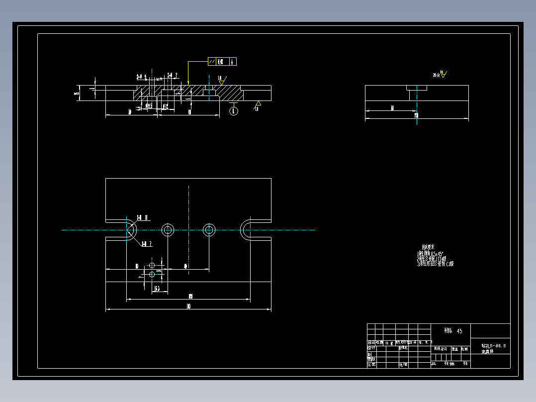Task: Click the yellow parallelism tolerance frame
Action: [222, 62]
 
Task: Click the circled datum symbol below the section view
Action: [234, 111]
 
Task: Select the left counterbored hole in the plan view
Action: [168, 230]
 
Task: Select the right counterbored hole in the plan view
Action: [209, 230]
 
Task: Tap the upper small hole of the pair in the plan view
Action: [152, 265]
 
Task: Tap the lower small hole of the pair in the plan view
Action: [152, 274]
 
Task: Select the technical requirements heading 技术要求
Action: [428, 247]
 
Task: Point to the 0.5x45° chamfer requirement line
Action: [430, 254]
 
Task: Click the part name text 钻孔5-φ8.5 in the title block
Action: [493, 345]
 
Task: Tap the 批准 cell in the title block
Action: [402, 365]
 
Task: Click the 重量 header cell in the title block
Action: [454, 349]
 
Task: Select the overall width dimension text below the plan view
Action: [188, 307]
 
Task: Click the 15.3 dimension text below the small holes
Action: [157, 289]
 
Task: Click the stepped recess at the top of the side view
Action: [417, 88]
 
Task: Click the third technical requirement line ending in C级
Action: [435, 264]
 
